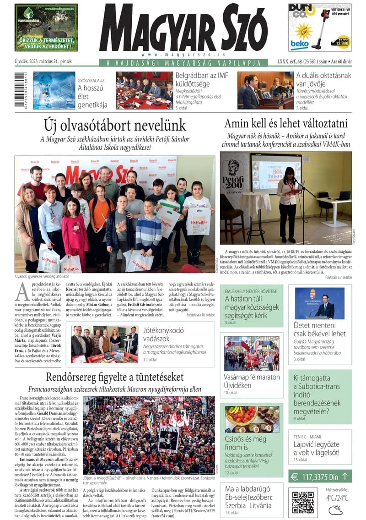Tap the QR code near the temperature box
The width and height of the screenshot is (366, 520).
coord(303,502)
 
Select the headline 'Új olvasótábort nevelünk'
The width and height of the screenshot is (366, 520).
coord(115,125)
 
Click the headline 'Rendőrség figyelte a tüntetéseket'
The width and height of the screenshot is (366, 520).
coord(115,377)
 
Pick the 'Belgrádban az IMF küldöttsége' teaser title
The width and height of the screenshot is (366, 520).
coord(202,80)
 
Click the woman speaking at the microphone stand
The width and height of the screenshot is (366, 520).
coord(289,202)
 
